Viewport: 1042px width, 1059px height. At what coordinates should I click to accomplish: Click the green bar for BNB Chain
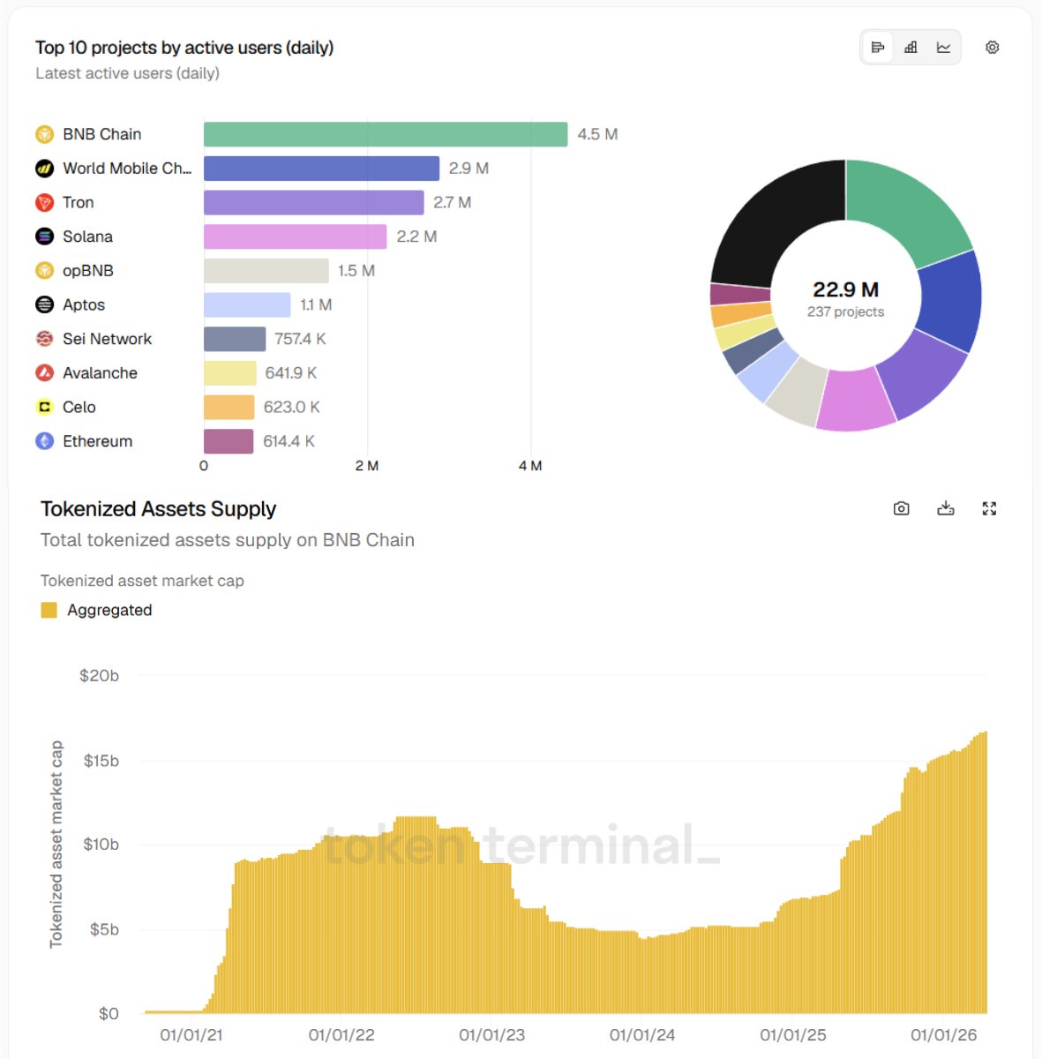coord(385,134)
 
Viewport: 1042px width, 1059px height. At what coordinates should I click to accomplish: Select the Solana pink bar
coord(295,237)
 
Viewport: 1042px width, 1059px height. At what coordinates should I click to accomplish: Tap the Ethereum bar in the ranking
coord(229,441)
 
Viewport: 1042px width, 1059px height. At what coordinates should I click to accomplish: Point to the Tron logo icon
coord(44,203)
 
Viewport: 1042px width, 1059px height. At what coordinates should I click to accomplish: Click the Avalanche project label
coord(100,373)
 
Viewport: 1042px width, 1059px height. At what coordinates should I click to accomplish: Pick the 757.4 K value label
coord(300,339)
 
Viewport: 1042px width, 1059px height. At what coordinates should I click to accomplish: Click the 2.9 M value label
coord(469,169)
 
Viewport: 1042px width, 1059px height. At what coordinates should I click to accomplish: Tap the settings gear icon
coord(992,48)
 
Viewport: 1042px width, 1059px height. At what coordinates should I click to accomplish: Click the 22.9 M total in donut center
coord(845,289)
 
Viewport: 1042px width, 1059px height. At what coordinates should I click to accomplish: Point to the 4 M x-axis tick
coord(529,466)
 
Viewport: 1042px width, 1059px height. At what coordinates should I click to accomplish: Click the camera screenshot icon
coord(901,508)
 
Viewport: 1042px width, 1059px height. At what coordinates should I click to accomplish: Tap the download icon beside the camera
coord(946,508)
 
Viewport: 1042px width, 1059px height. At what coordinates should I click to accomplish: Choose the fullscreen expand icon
coord(989,508)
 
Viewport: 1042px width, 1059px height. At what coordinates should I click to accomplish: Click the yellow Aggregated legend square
coord(49,610)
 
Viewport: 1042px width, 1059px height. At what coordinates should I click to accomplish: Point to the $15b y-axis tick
coord(101,761)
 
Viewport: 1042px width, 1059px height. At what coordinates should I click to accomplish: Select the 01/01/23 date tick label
coord(491,1035)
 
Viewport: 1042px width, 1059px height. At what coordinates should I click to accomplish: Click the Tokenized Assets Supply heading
coord(159,509)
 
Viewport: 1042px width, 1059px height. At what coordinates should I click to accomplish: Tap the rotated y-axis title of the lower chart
coord(56,844)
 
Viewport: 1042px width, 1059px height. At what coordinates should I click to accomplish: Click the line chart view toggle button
coord(943,48)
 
